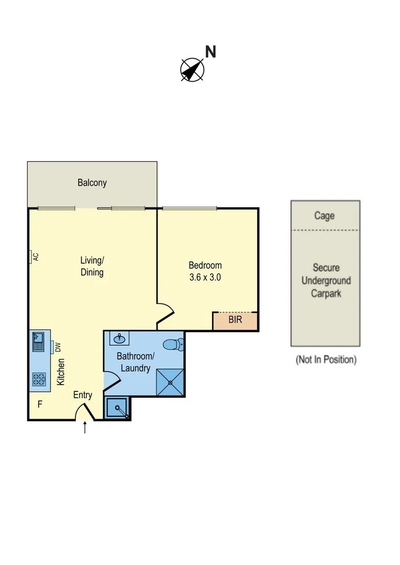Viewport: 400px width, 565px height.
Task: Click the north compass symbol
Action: click(x=192, y=70)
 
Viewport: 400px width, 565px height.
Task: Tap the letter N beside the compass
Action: click(x=210, y=52)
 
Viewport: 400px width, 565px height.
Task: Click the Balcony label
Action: click(x=92, y=183)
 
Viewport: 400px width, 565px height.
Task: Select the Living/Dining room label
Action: click(x=92, y=266)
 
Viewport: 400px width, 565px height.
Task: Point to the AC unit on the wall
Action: click(x=32, y=257)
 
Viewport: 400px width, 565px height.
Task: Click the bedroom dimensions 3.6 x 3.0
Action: click(x=205, y=277)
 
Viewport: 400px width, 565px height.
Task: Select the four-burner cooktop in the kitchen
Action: click(x=39, y=379)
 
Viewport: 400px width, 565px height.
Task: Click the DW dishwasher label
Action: click(x=58, y=346)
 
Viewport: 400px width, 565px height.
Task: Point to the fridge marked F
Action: click(x=39, y=404)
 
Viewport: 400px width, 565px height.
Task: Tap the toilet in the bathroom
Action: click(x=173, y=344)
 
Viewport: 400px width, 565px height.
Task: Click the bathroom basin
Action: click(x=120, y=338)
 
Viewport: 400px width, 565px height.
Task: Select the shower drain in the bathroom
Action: click(x=171, y=382)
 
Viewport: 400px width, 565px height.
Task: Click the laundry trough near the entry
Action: click(x=117, y=408)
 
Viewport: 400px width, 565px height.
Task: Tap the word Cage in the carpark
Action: click(x=325, y=216)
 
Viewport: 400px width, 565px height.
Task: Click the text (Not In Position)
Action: click(x=326, y=359)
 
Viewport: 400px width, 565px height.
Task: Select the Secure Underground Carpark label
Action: click(x=326, y=280)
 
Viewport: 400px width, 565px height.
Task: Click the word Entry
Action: click(x=83, y=395)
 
